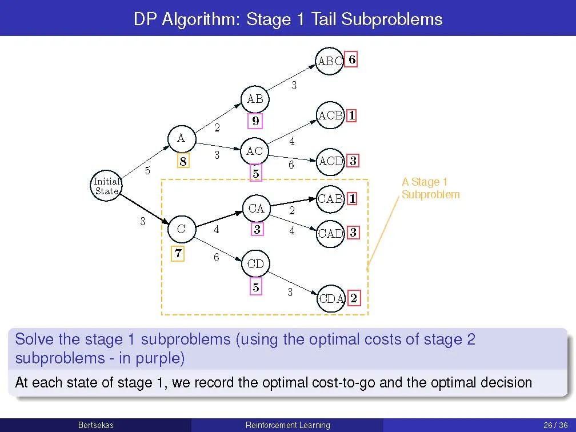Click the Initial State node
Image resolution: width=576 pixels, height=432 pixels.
click(106, 186)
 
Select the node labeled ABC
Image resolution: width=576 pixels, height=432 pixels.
click(330, 61)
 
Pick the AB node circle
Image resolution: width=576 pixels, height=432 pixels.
click(255, 99)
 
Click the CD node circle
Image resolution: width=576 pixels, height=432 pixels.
click(255, 264)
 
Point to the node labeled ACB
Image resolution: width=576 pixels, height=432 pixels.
click(330, 115)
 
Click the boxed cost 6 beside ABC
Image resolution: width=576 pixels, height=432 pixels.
click(352, 59)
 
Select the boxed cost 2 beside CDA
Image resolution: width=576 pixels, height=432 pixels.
click(354, 298)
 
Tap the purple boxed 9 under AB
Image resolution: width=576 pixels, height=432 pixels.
click(255, 121)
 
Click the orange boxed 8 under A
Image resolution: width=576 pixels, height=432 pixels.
click(182, 162)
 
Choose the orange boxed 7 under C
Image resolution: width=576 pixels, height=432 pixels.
click(179, 253)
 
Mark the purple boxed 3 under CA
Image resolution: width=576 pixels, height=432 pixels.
click(257, 230)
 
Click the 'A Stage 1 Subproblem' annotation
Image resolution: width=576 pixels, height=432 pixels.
click(430, 188)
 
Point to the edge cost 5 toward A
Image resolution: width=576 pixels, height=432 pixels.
click(147, 170)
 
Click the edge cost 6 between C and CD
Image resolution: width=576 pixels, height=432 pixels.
click(216, 258)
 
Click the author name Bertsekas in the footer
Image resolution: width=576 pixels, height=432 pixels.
click(95, 425)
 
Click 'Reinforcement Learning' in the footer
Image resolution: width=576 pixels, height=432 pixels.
click(287, 425)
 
